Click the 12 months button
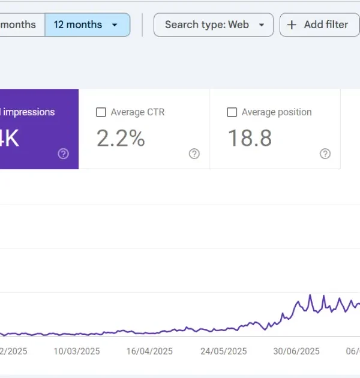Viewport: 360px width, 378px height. (77, 25)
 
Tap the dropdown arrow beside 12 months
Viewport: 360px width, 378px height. (115, 25)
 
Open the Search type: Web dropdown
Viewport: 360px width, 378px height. (213, 25)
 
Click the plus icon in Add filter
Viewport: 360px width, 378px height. (292, 25)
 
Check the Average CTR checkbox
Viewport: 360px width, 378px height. (101, 112)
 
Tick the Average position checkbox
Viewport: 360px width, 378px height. (232, 112)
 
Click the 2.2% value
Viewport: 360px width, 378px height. (121, 138)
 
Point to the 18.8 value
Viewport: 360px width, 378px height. (249, 138)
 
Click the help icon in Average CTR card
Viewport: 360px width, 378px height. (194, 154)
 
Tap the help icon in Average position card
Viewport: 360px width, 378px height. (325, 154)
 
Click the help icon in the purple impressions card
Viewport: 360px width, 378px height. (63, 154)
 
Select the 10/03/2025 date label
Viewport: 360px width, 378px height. (77, 351)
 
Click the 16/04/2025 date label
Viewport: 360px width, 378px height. (149, 351)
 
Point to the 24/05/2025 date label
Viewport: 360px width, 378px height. (223, 351)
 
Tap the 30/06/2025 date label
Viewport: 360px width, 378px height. (296, 351)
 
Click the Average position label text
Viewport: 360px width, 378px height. (277, 112)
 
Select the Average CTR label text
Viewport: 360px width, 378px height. (137, 112)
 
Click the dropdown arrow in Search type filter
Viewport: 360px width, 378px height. (261, 25)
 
